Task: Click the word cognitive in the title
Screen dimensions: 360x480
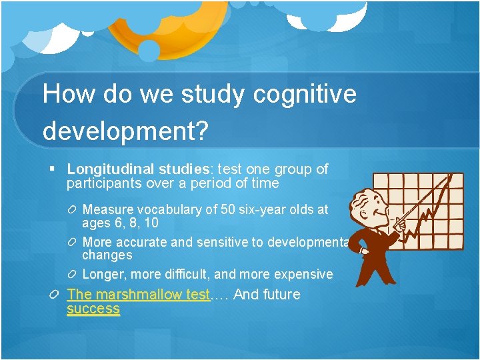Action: coord(305,95)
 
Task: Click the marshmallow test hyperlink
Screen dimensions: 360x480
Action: coord(138,295)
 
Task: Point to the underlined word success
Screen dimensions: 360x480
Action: coord(93,309)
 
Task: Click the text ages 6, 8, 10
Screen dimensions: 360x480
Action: coord(120,223)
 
